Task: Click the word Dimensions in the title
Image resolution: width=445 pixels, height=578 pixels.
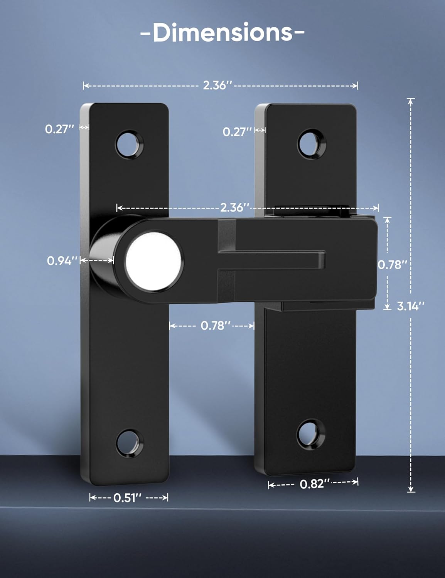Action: (x=222, y=33)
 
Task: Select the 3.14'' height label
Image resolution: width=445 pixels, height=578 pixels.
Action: (x=411, y=306)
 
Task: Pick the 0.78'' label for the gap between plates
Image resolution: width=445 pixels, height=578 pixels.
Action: (x=215, y=326)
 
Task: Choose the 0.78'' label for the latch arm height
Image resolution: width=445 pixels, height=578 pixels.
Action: (x=392, y=265)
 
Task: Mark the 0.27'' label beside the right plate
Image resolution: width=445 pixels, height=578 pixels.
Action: (x=237, y=132)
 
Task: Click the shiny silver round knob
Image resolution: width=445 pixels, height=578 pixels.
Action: (x=154, y=260)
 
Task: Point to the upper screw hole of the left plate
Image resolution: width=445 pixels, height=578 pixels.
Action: (x=130, y=144)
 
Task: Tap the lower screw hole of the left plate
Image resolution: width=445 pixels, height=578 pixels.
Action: (x=130, y=444)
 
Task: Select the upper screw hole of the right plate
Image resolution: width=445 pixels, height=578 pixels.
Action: (x=312, y=144)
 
